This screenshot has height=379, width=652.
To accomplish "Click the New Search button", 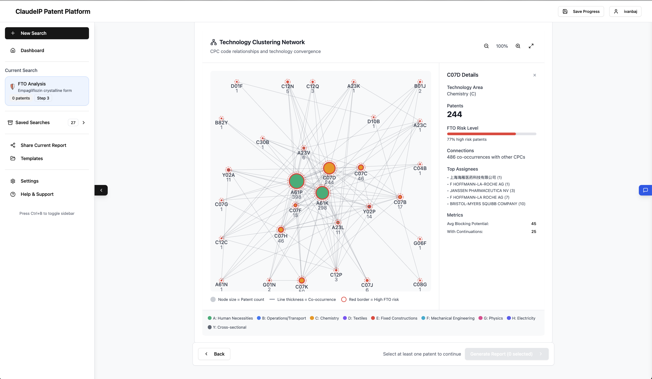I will [47, 33].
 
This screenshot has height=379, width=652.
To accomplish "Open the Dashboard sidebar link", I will [32, 50].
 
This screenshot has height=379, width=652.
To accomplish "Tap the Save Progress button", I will [581, 11].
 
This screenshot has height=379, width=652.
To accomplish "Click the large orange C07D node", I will [329, 168].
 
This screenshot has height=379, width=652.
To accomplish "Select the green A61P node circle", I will [296, 181].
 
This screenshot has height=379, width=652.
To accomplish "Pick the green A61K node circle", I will [322, 193].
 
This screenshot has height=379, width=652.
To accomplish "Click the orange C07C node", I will [361, 167].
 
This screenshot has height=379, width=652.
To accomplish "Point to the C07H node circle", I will [281, 230].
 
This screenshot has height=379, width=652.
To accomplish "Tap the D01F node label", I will [237, 86].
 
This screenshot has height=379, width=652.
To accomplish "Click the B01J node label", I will [420, 86].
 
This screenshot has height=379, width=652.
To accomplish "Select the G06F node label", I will [420, 243].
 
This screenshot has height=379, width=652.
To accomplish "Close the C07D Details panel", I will [535, 75].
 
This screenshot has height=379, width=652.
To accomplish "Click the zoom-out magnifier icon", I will [486, 46].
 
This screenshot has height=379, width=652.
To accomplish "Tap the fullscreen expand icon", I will [531, 46].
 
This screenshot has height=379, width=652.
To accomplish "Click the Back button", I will [214, 354].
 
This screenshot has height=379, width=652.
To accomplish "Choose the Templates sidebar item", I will [32, 158].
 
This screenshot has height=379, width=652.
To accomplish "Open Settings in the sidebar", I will [30, 181].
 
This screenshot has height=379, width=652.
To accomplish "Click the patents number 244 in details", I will [454, 114].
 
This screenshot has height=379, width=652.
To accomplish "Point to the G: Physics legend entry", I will [491, 318].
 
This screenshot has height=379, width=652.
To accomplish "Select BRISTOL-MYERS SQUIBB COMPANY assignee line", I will [487, 204].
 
